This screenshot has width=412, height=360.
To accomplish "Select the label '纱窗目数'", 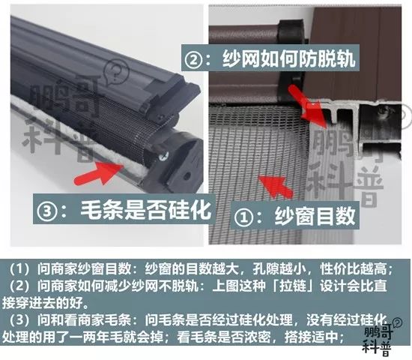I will coord(322,214).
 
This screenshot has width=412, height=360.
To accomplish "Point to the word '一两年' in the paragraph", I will coord(112,337).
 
